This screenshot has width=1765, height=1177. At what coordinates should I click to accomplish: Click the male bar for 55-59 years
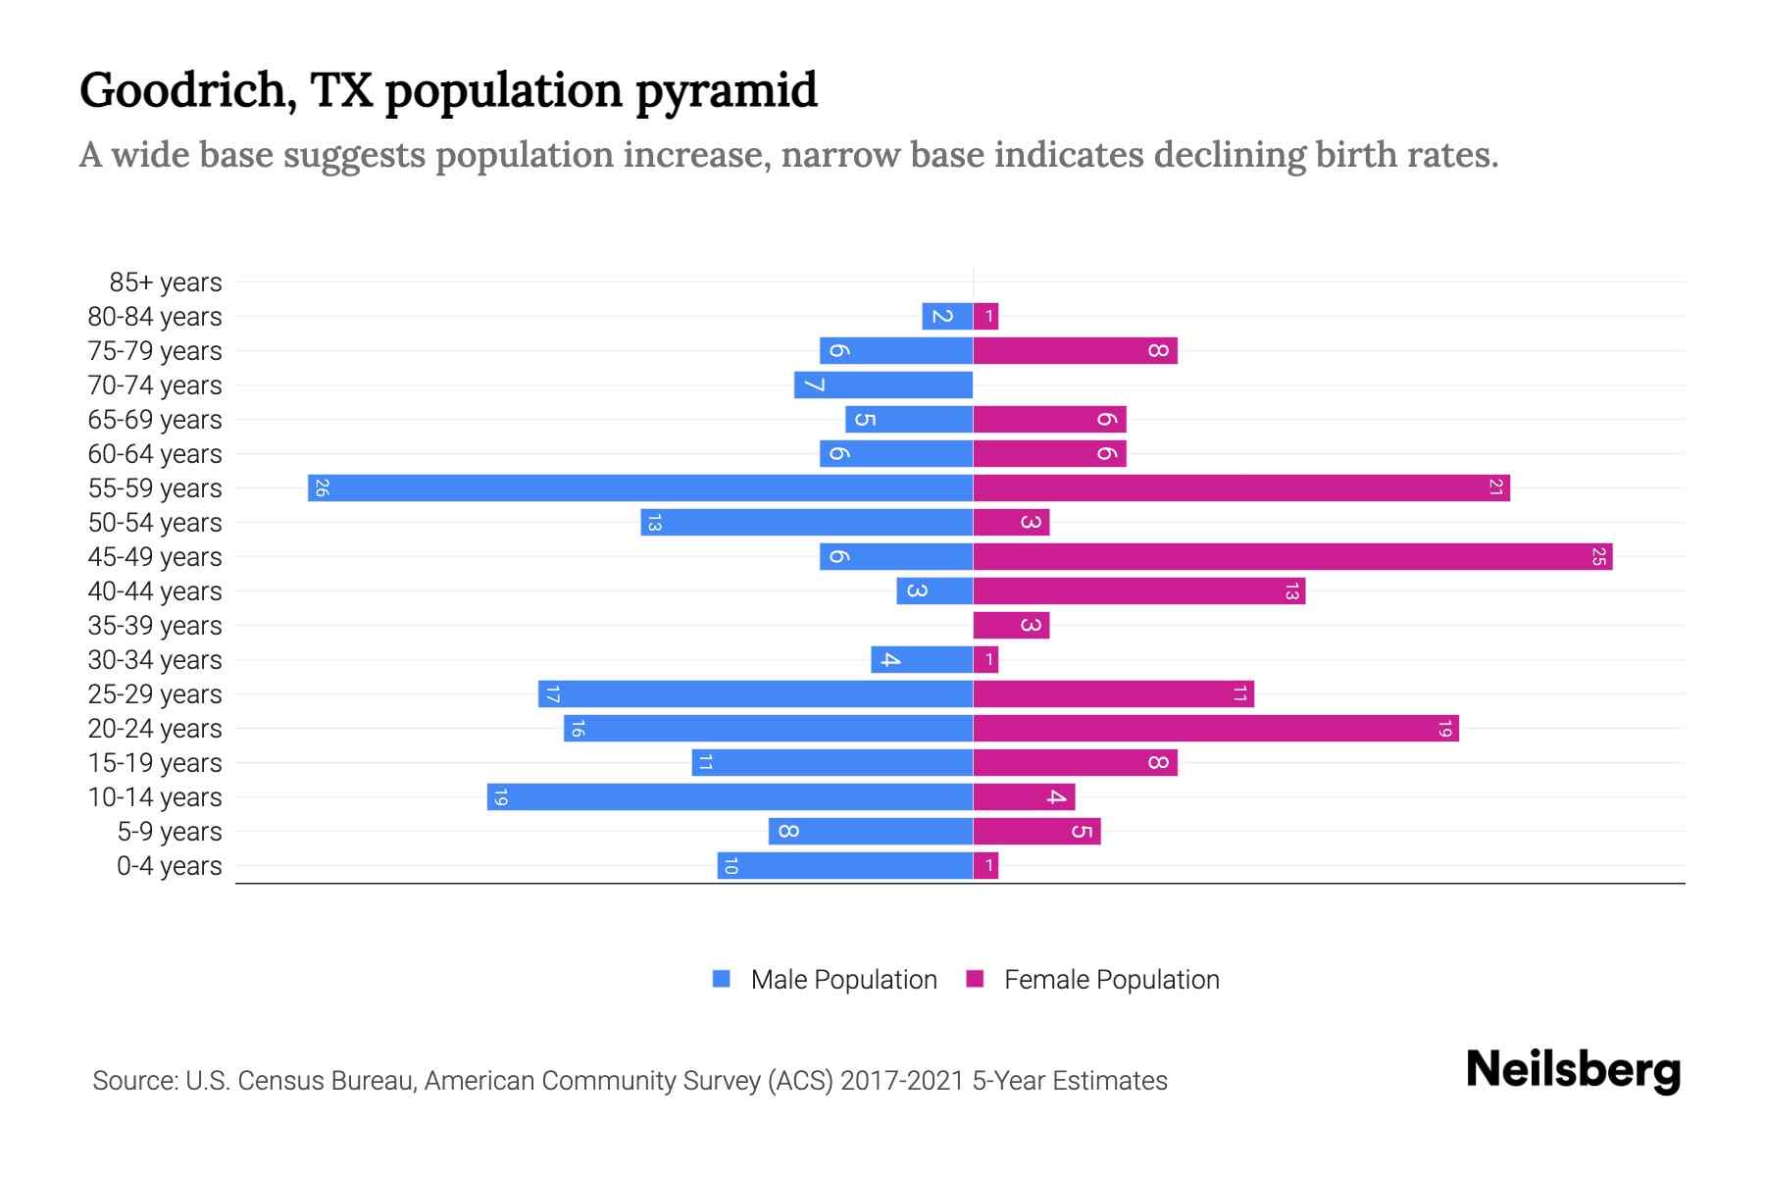640,487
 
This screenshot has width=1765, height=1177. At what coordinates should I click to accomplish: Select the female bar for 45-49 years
1292,556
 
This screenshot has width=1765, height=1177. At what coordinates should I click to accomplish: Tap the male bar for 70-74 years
883,384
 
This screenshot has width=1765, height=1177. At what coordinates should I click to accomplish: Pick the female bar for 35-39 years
1011,625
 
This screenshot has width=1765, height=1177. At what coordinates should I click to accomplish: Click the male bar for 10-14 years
730,796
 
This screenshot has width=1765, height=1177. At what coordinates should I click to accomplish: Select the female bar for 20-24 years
1216,728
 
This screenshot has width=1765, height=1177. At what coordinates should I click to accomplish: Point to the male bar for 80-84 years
947,316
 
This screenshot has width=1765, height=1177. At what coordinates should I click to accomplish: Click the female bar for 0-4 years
985,865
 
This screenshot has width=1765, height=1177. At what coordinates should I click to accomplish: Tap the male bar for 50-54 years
806,522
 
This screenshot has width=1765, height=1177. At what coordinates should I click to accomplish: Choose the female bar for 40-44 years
1138,590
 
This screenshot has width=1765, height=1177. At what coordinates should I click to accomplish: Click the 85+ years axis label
166,282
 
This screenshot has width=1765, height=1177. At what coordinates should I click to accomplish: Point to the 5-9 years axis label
170,832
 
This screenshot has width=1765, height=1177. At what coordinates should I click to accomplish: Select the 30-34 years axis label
155,660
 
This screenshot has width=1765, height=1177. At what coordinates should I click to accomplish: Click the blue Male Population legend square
722,979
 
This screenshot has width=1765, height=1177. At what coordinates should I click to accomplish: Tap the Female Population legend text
1111,980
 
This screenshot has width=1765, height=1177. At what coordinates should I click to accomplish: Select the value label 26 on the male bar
322,487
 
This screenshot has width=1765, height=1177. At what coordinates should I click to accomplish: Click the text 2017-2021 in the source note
902,1081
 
